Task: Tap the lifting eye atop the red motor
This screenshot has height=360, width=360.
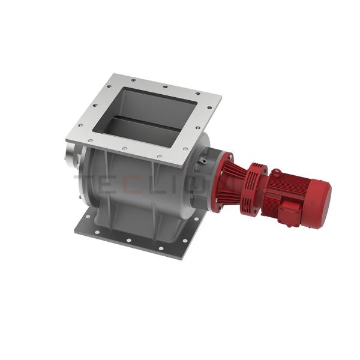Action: [x=277, y=172]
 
